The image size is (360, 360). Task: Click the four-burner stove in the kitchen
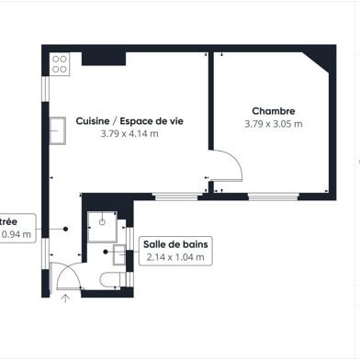tap(61, 64)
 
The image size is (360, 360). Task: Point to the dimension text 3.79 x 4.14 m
tap(129, 133)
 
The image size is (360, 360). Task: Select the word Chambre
tap(274, 111)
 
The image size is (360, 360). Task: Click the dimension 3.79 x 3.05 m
tap(274, 124)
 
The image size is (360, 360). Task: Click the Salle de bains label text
tap(176, 243)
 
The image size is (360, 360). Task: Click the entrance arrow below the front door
tap(65, 297)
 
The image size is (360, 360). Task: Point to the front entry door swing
tap(64, 276)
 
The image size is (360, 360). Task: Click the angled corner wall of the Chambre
tap(319, 63)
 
